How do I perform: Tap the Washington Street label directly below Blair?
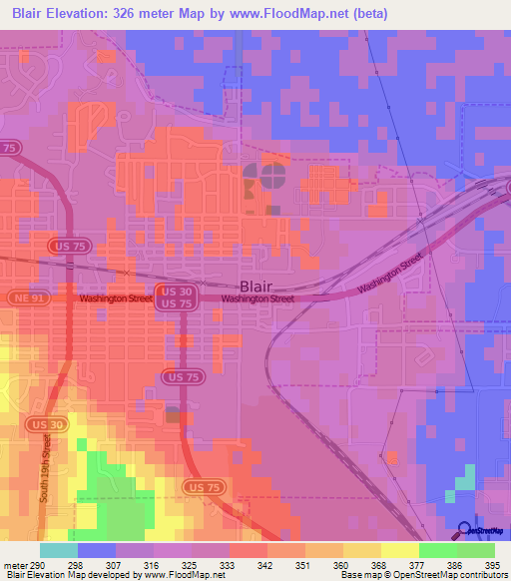(258, 298)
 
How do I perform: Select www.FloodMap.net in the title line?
(298, 13)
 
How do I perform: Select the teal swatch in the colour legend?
(59, 550)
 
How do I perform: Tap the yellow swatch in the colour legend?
(400, 550)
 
